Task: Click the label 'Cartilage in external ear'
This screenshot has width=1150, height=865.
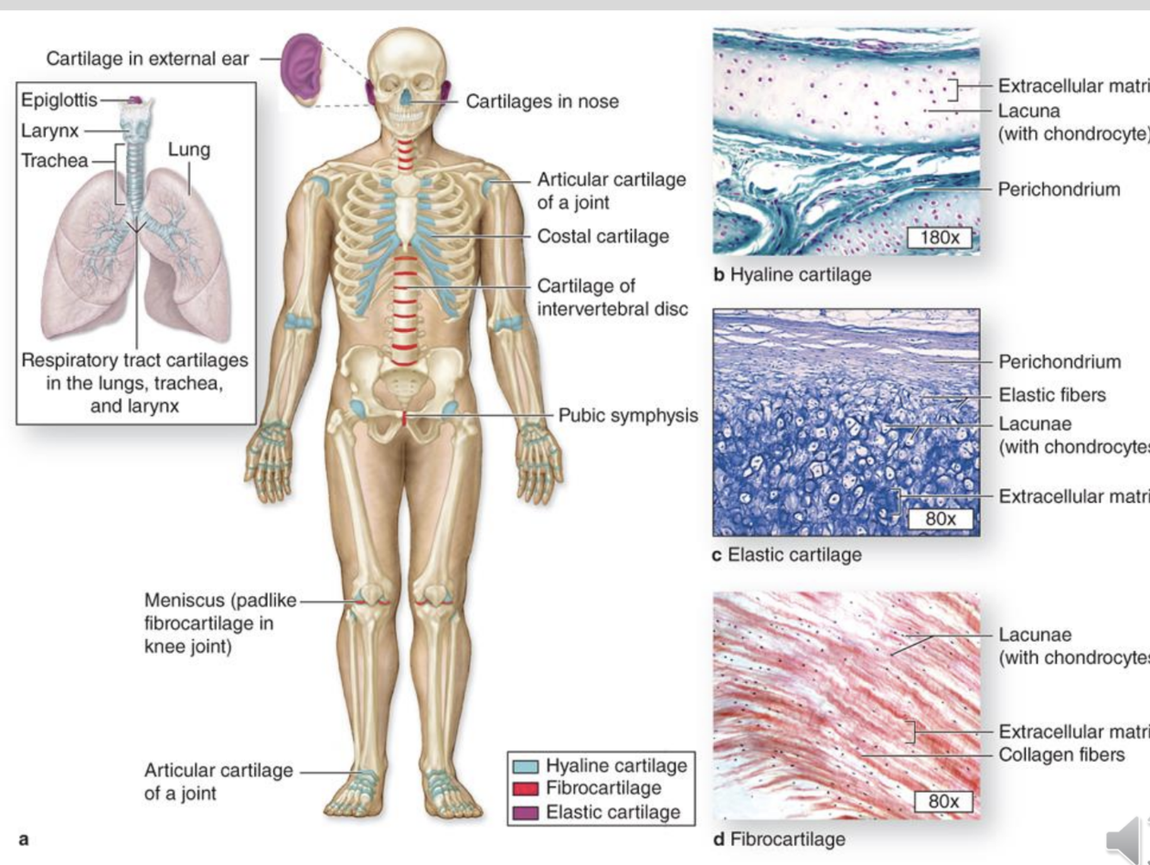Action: tap(147, 59)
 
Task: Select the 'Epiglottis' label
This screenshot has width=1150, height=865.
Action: tap(59, 99)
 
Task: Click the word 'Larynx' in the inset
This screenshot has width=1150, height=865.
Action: tap(50, 130)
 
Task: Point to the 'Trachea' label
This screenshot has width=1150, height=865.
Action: tap(54, 160)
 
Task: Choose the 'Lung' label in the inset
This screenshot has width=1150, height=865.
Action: tap(189, 149)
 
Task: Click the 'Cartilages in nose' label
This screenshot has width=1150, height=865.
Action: tap(542, 101)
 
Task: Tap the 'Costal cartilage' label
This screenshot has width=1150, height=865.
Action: tap(603, 236)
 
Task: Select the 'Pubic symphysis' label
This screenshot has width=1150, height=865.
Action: tap(628, 415)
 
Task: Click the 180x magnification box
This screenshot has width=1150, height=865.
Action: tap(940, 237)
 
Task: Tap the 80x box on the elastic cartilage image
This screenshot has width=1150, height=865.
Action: tap(941, 518)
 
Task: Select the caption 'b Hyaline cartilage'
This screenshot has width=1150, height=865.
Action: tap(792, 274)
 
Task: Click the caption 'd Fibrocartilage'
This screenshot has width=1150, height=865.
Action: tap(778, 838)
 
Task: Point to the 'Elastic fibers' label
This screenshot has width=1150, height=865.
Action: tap(1052, 395)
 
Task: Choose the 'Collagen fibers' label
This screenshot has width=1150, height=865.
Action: tap(1061, 755)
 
